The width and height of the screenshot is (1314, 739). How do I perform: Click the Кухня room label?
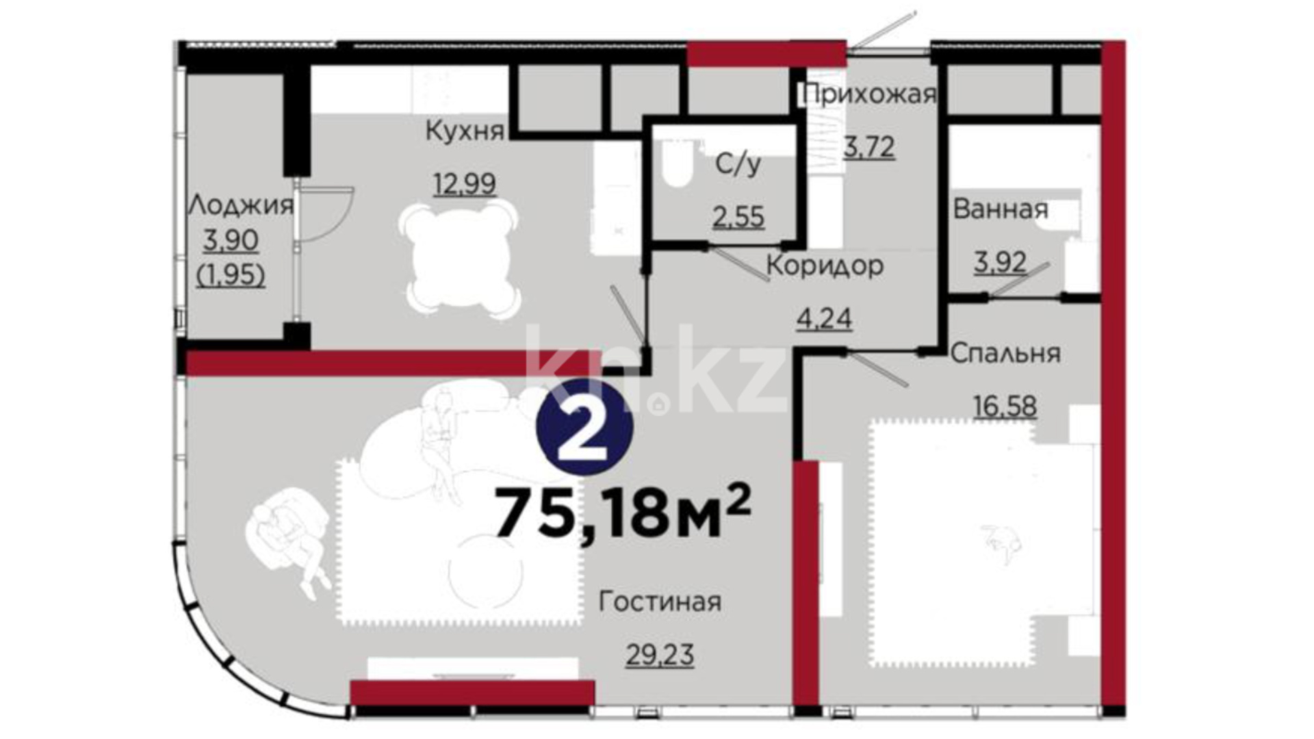tap(465, 131)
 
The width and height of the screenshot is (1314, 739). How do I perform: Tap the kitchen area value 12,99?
tap(465, 183)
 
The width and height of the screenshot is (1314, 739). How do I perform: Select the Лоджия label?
tap(241, 205)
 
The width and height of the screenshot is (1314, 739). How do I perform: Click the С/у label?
tap(738, 164)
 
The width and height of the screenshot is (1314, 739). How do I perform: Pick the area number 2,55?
tap(738, 217)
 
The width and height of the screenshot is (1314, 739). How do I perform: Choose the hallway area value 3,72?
tap(869, 146)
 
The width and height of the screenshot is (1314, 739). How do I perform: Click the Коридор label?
tap(825, 265)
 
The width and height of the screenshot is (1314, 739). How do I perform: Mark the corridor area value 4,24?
tap(825, 318)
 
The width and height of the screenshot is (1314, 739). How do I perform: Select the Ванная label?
tap(1001, 209)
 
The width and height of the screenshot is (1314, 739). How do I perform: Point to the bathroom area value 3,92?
tap(1001, 262)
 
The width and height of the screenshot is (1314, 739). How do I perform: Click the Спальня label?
tap(1005, 353)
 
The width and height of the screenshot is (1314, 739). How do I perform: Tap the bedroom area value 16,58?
tap(1005, 406)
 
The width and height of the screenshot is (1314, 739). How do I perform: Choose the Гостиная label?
tap(660, 601)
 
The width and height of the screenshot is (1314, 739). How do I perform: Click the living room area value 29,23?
tap(660, 655)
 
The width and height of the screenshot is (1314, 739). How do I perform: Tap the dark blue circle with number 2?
tap(584, 427)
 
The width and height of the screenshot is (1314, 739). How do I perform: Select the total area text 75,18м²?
tap(623, 511)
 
